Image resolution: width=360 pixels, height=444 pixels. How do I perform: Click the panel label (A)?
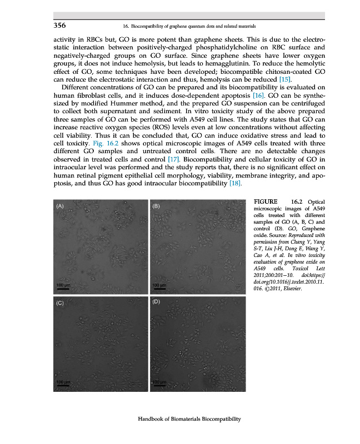[x=61, y=206]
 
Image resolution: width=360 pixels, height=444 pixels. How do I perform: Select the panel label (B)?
[x=156, y=206]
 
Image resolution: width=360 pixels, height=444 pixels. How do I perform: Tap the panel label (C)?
[x=61, y=304]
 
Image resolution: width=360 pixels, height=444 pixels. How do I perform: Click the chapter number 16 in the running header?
[x=125, y=26]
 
